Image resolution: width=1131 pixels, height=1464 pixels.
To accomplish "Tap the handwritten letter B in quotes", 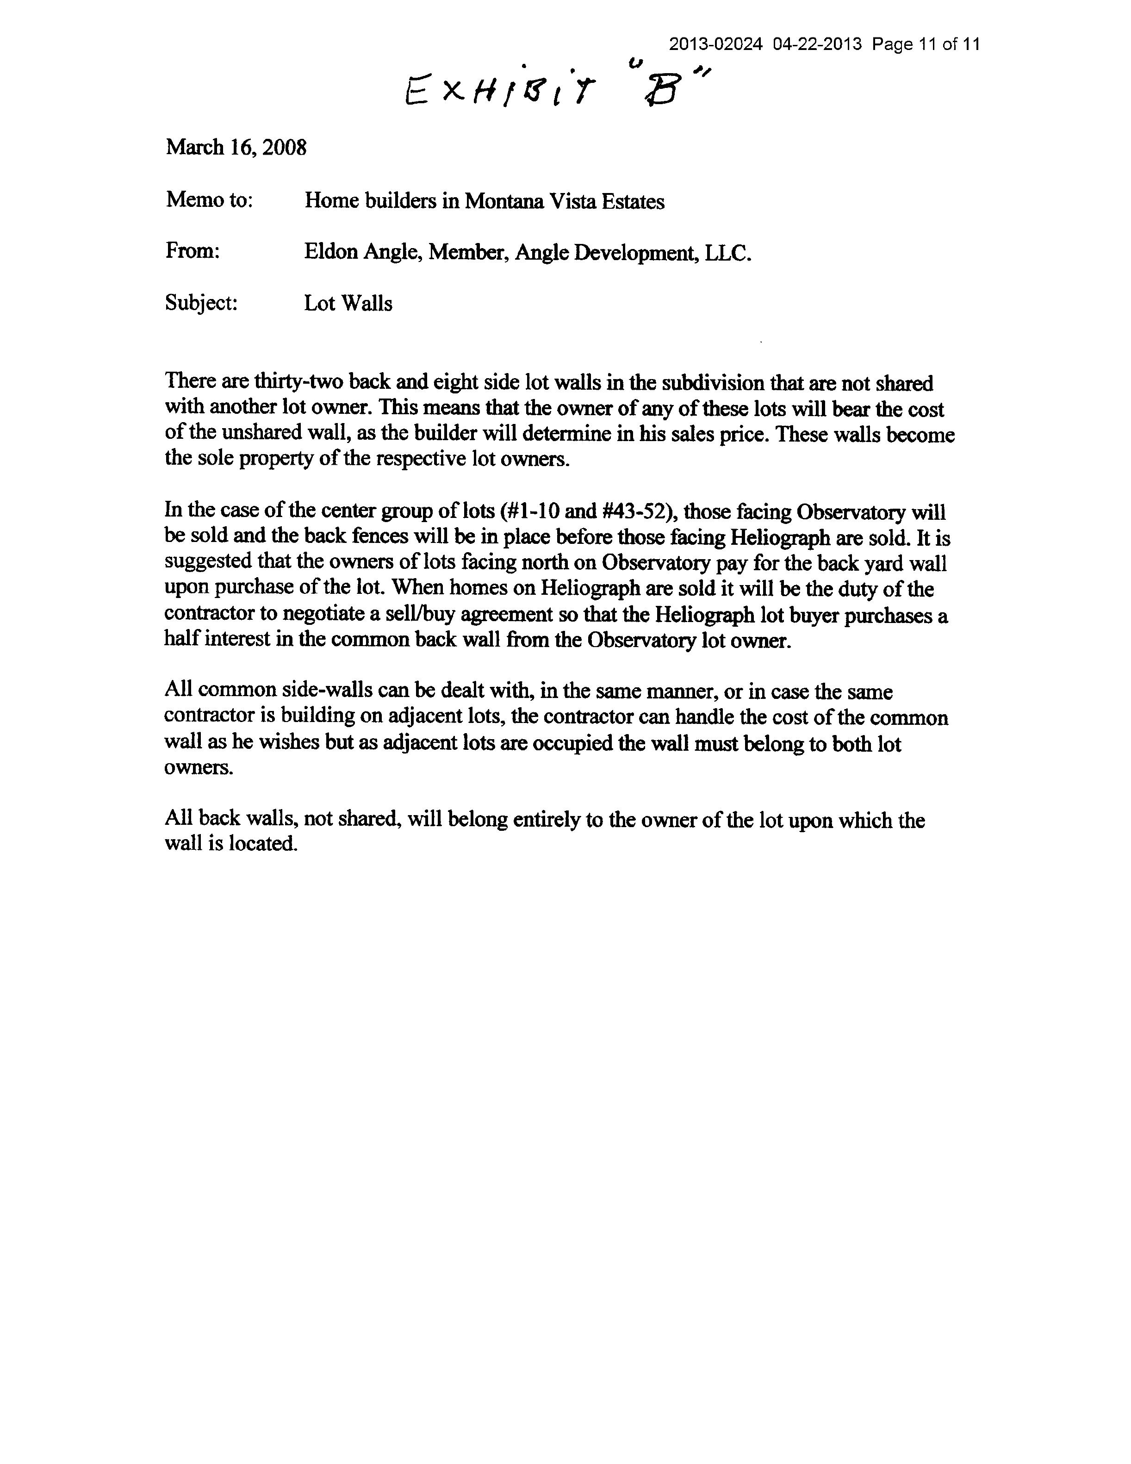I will [661, 91].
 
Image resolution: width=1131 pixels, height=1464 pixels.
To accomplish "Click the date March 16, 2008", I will [236, 148].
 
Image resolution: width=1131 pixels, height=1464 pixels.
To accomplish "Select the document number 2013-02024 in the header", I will [715, 44].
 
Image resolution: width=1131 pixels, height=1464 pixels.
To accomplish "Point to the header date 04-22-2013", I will [817, 44].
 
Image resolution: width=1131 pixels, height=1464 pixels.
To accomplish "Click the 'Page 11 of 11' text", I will [926, 44].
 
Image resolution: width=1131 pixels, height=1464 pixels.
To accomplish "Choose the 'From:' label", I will [193, 251].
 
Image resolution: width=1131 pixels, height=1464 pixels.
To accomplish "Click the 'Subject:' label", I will [201, 303].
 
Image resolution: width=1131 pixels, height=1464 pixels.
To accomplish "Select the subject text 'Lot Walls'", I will [348, 303].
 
